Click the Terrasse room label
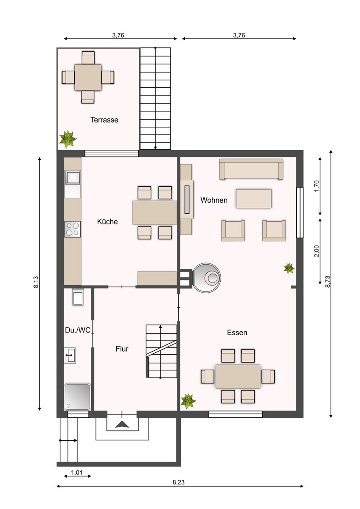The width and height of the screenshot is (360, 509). [104, 120]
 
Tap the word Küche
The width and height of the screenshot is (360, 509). [107, 221]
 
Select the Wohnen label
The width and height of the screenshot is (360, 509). [214, 200]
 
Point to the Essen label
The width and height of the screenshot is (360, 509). [237, 333]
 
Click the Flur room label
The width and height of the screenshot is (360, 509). [122, 349]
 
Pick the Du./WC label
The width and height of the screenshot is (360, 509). [78, 330]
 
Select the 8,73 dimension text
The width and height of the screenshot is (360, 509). [327, 282]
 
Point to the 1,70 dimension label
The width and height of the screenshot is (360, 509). [317, 186]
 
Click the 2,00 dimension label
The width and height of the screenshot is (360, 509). [317, 251]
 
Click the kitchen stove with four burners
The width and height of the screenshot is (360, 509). [73, 229]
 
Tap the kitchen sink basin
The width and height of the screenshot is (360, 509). [73, 177]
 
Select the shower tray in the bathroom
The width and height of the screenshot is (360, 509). [77, 397]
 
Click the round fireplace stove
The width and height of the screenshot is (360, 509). [207, 277]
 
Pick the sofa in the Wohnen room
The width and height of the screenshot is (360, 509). [251, 169]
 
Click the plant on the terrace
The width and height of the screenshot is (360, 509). [68, 139]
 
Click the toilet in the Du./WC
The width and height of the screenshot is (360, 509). [78, 297]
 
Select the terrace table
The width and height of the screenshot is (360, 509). [88, 77]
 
